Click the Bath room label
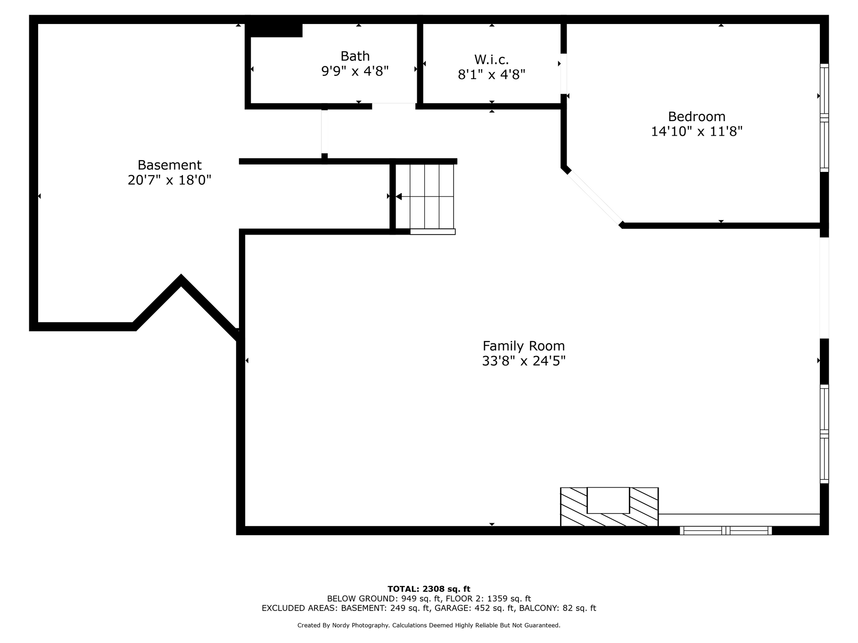click(355, 56)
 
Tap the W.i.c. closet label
click(492, 59)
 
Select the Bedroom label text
click(697, 116)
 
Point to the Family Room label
click(524, 346)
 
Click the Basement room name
click(170, 165)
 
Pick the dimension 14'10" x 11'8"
click(697, 131)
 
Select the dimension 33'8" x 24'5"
click(524, 361)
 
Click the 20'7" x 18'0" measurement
click(170, 180)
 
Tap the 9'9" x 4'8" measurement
click(355, 71)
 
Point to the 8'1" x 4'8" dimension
click(492, 74)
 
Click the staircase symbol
click(425, 196)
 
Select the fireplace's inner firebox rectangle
click(608, 500)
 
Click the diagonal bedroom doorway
click(595, 198)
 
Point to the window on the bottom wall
click(726, 530)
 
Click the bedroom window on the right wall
click(824, 118)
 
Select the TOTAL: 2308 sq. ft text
click(429, 589)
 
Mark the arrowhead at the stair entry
click(398, 196)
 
